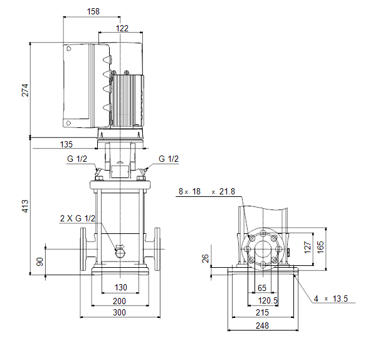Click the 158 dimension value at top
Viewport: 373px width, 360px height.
[93, 11]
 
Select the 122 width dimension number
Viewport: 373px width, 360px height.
[122, 28]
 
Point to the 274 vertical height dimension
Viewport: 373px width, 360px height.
[25, 90]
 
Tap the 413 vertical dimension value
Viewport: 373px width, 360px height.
[25, 206]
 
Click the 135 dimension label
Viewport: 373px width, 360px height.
[66, 144]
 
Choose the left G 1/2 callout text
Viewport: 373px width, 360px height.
[77, 159]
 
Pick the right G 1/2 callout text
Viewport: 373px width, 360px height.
[169, 159]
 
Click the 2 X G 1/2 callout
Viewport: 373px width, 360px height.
[78, 218]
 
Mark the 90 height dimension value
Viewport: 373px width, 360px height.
[40, 262]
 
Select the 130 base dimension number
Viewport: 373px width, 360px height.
[121, 287]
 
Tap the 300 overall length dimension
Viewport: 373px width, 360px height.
[119, 312]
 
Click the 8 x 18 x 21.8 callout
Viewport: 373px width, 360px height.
[207, 191]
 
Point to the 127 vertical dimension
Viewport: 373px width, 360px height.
[308, 248]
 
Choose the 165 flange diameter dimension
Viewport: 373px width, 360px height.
[320, 247]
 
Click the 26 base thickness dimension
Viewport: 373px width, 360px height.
[205, 258]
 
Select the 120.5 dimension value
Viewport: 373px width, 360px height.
[268, 301]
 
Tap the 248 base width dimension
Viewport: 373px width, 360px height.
[262, 326]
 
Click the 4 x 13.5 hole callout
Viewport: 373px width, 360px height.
[330, 299]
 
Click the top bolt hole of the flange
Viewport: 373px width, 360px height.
[263, 233]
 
